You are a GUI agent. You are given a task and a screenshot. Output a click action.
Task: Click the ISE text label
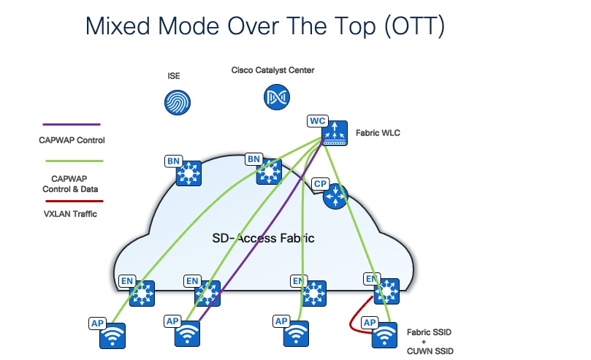174,75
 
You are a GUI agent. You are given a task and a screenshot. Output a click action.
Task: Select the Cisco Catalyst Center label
272,71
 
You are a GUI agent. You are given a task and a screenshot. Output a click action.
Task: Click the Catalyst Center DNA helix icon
277,96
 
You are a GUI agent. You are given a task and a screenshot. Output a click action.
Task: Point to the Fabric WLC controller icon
335,131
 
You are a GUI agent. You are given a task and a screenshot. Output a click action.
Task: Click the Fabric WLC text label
378,133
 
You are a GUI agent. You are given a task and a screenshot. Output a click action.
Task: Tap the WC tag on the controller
317,120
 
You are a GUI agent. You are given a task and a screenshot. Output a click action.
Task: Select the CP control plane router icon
335,195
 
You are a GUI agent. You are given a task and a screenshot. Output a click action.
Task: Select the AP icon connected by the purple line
187,334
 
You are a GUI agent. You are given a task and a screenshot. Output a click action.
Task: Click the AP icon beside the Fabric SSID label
385,335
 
